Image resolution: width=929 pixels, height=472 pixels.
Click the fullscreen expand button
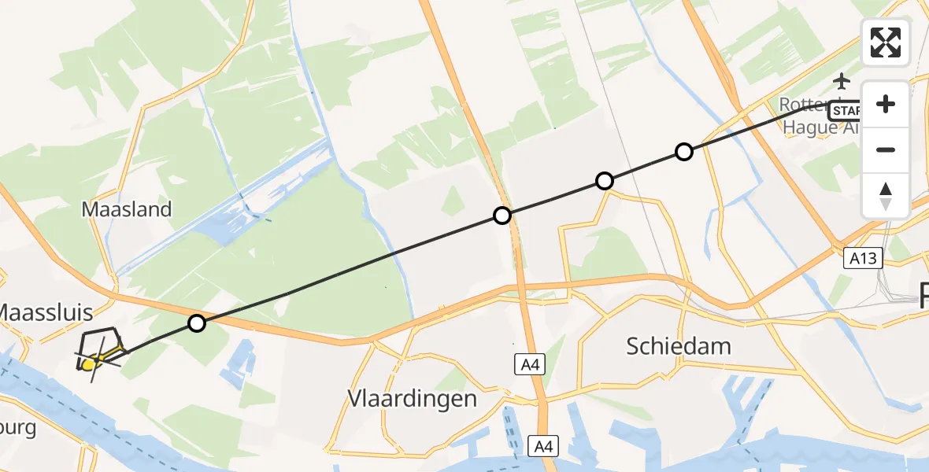[886, 42]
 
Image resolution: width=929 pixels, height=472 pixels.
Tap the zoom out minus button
[886, 149]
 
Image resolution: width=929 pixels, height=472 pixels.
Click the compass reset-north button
[886, 196]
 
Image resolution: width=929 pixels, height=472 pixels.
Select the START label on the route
[846, 109]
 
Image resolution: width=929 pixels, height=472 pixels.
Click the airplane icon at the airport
[842, 80]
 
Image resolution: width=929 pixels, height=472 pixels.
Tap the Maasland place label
[126, 209]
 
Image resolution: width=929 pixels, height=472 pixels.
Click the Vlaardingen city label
[413, 399]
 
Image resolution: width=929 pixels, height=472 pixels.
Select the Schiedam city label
[678, 345]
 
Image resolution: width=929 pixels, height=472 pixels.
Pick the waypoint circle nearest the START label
[684, 152]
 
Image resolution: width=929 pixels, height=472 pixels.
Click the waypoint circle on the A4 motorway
[502, 215]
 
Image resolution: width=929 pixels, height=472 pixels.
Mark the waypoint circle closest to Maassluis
[197, 323]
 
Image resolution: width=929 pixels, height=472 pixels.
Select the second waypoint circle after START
[604, 181]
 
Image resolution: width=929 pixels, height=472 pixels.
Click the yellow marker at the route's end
[88, 363]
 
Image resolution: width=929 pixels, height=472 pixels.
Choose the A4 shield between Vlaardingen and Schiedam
[527, 363]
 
